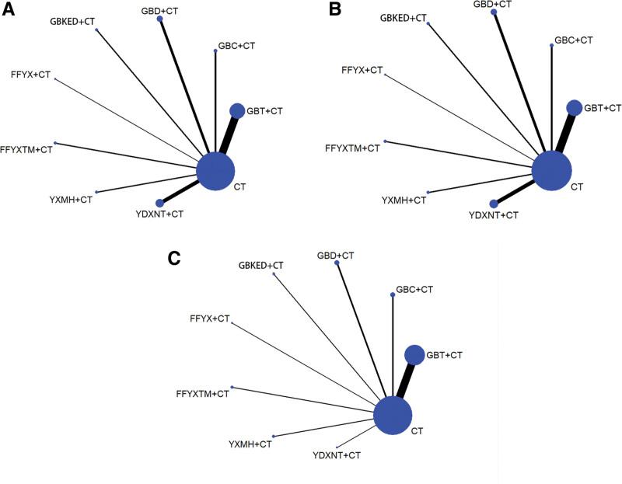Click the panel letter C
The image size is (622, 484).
coord(176,258)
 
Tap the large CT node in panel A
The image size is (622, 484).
coord(215,171)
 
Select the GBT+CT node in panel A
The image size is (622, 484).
coord(237,111)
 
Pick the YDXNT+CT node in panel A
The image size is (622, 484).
coord(160,203)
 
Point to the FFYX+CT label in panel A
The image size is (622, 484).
coord(33,74)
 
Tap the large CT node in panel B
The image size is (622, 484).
coord(552,170)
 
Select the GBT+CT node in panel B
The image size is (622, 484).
coord(574,107)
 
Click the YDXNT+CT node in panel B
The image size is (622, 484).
coord(494,204)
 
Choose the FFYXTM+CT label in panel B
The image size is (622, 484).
coord(353,148)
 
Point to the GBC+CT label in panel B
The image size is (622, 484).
coord(573,40)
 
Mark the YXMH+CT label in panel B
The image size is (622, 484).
coord(404,200)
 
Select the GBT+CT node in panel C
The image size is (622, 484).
coord(414,355)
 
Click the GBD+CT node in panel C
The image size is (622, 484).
coord(337,263)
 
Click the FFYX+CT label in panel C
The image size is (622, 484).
coord(210,319)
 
